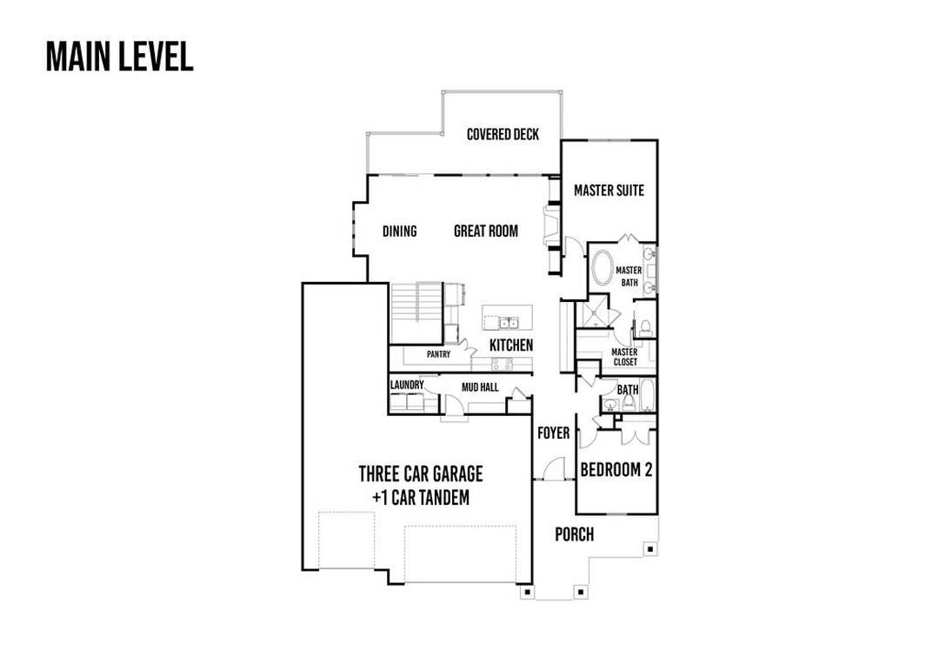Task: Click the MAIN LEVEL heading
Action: pyautogui.click(x=120, y=57)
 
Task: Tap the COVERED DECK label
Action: pyautogui.click(x=503, y=134)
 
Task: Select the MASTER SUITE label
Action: pyautogui.click(x=609, y=190)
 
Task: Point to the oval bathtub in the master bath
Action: pyautogui.click(x=602, y=269)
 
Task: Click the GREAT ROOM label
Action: pyautogui.click(x=486, y=231)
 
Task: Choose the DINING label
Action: pyautogui.click(x=399, y=231)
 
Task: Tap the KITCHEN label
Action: pyautogui.click(x=511, y=345)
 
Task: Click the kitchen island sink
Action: pyautogui.click(x=509, y=323)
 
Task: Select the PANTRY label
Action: pyautogui.click(x=438, y=354)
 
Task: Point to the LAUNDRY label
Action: pyautogui.click(x=407, y=385)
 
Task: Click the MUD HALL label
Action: pyautogui.click(x=480, y=387)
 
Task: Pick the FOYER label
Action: pyautogui.click(x=553, y=433)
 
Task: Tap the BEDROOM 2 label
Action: pyautogui.click(x=616, y=469)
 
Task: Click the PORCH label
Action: pyautogui.click(x=575, y=533)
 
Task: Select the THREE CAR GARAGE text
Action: pyautogui.click(x=421, y=473)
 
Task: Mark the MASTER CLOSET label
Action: pyautogui.click(x=624, y=357)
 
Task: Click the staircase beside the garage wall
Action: pyautogui.click(x=416, y=312)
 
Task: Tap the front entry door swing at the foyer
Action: pyautogui.click(x=554, y=468)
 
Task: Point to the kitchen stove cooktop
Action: pyautogui.click(x=502, y=364)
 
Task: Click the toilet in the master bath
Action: pyautogui.click(x=645, y=327)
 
